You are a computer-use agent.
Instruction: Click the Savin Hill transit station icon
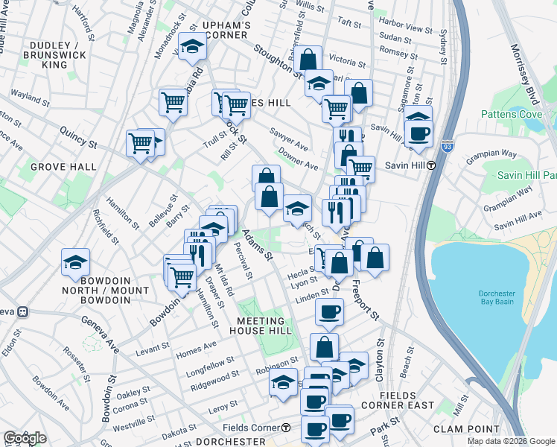(x=431, y=165)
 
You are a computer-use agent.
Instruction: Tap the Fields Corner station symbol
(x=286, y=428)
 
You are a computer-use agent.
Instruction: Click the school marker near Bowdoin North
(x=75, y=262)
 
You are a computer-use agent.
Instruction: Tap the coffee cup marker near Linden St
(x=329, y=313)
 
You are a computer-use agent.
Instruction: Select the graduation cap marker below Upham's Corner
(x=192, y=49)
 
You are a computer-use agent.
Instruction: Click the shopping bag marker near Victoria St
(x=308, y=59)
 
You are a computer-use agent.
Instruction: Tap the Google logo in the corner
(x=25, y=438)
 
